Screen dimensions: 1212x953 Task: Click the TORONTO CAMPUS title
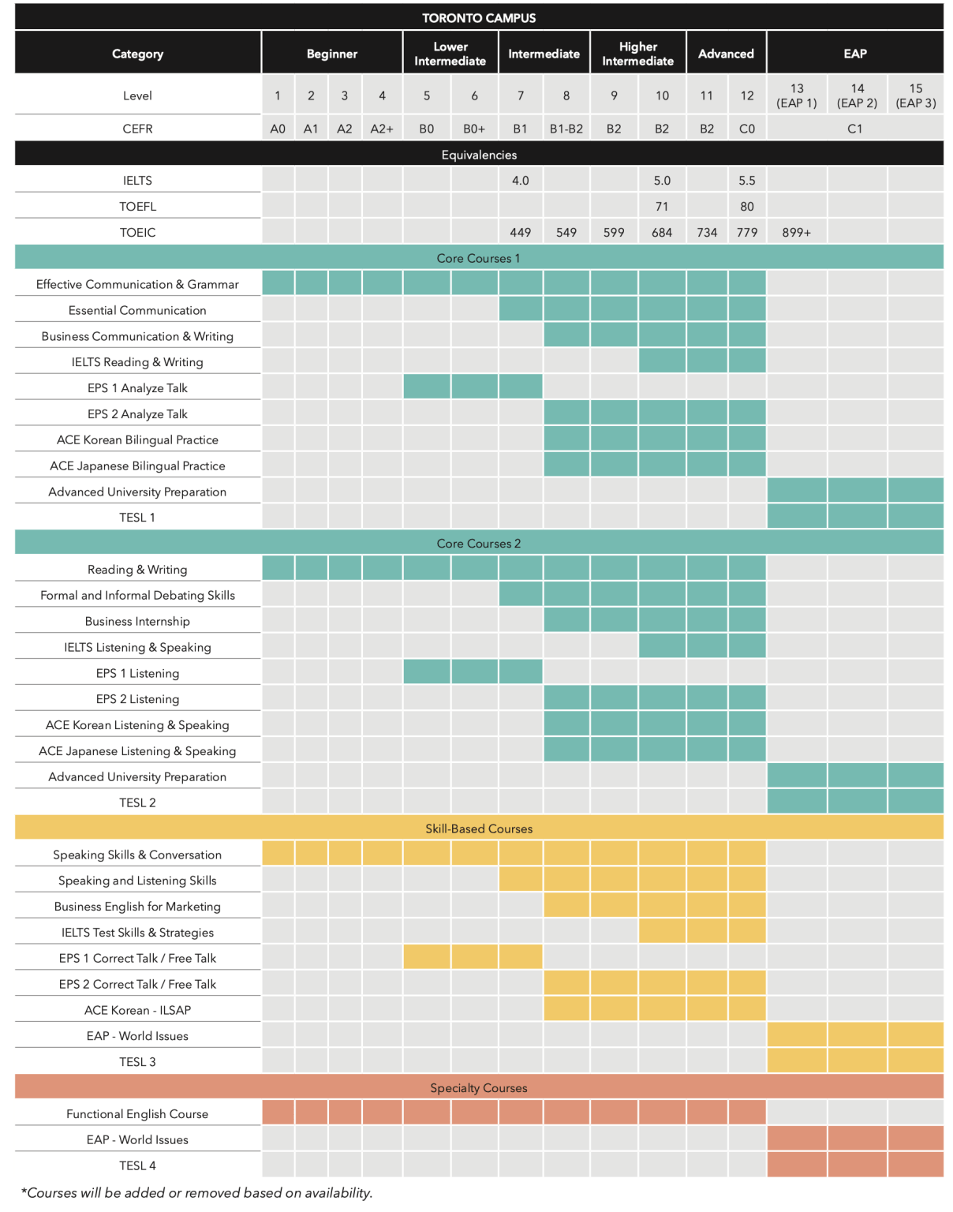point(478,18)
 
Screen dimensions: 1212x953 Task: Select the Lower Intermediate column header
point(450,54)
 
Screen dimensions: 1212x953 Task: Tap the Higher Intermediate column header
point(637,54)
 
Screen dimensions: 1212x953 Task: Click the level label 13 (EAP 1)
point(797,95)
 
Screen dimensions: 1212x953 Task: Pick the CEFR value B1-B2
point(566,129)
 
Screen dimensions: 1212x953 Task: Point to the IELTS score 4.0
point(520,181)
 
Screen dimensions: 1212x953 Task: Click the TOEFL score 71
point(661,207)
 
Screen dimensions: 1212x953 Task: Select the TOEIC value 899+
point(796,233)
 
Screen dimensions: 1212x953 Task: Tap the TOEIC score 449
point(520,233)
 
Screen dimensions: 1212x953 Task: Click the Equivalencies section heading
point(479,155)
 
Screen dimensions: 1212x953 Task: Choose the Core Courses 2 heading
point(479,544)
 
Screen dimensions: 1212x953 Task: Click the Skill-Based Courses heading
point(479,829)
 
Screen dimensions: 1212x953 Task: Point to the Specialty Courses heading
point(479,1088)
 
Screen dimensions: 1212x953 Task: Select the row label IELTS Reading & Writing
point(137,362)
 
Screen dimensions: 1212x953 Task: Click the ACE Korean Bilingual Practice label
point(137,440)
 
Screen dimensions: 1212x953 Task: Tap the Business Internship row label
point(137,622)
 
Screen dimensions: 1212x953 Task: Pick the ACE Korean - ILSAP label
point(137,1010)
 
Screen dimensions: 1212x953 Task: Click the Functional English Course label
point(137,1114)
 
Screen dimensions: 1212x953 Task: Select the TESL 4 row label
point(137,1165)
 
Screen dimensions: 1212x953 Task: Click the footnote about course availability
point(196,1192)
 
